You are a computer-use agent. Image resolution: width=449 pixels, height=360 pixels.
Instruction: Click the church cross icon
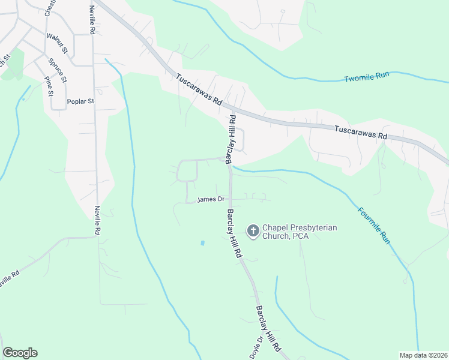[x=253, y=230]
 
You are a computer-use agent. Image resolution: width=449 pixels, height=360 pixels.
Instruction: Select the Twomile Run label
[x=367, y=79]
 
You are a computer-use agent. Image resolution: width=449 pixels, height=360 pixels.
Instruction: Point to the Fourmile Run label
[x=374, y=225]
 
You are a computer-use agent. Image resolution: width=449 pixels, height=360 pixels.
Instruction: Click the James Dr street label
[x=210, y=199]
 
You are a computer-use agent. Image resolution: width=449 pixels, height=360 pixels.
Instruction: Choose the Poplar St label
[x=81, y=101]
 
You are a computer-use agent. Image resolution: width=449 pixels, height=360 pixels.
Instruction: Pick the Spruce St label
[x=58, y=70]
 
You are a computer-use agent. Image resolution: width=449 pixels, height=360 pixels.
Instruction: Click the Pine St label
[x=49, y=86]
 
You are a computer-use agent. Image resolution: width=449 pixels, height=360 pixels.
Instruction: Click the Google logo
[x=20, y=353]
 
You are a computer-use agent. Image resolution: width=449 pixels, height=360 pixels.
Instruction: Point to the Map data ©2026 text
[x=423, y=355]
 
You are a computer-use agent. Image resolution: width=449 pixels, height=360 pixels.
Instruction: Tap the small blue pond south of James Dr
[x=202, y=243]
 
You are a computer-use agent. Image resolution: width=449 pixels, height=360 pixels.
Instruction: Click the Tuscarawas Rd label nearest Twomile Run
[x=360, y=132]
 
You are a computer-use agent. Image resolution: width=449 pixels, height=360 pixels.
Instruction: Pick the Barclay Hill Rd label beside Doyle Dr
[x=268, y=329]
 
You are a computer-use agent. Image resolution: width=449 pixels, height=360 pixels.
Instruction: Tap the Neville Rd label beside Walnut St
[x=92, y=20]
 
